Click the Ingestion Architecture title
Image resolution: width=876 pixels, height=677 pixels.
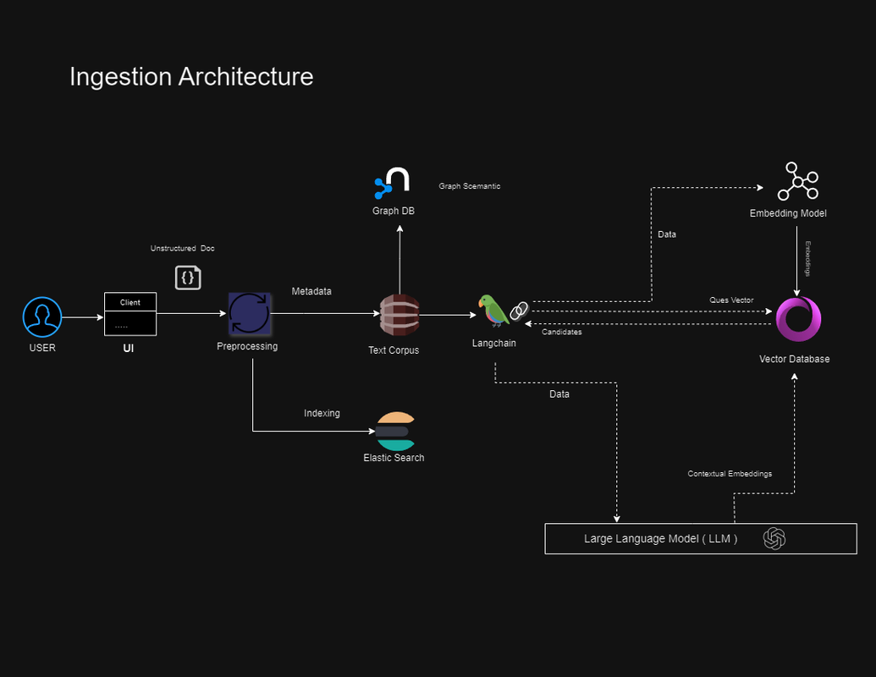point(191,77)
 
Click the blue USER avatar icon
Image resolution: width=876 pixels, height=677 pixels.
point(41,317)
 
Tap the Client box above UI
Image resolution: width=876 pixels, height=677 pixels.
point(130,302)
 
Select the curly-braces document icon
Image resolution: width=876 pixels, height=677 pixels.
point(188,277)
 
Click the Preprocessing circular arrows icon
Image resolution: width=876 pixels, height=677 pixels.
point(249,314)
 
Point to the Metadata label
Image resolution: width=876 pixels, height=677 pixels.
point(311,291)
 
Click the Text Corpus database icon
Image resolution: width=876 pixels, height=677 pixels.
point(399,316)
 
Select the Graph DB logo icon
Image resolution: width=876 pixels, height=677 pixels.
point(393,183)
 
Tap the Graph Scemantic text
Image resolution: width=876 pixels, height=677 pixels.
point(469,186)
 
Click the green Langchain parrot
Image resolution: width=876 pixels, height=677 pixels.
point(492,311)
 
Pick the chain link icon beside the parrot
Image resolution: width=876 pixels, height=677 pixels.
point(519,311)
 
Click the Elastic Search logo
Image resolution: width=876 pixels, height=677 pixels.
point(396,432)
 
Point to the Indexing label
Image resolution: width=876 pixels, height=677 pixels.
point(322,413)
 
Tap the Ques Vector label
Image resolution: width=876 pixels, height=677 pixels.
point(731,300)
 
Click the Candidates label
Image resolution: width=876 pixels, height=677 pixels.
point(561,332)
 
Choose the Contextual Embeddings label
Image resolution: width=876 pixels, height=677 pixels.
point(730,474)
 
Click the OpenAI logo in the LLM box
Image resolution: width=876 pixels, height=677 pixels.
point(774,538)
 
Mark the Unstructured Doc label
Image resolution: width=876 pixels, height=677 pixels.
point(183,248)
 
